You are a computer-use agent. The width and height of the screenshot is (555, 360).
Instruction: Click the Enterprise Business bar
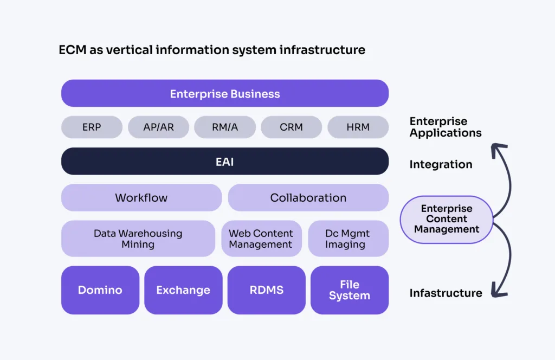click(224, 93)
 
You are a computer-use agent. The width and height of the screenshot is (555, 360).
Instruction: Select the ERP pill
click(92, 127)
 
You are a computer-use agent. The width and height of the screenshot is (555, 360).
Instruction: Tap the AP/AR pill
click(158, 127)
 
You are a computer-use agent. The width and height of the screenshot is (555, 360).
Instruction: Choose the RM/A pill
click(224, 127)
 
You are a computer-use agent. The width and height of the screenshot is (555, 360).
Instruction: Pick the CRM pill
click(291, 127)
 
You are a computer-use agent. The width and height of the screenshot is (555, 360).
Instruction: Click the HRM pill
click(358, 127)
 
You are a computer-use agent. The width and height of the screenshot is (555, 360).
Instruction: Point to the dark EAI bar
click(224, 162)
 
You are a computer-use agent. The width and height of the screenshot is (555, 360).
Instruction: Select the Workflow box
click(141, 197)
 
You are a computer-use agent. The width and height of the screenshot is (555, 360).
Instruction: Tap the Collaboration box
click(308, 197)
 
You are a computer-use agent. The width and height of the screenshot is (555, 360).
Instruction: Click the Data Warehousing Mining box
click(138, 239)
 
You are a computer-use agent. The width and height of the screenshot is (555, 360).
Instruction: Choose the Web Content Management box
click(261, 239)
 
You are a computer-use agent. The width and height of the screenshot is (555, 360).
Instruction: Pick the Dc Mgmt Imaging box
click(348, 239)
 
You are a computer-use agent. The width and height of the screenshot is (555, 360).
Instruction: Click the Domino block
click(100, 290)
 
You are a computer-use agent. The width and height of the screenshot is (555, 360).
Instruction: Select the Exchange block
click(183, 290)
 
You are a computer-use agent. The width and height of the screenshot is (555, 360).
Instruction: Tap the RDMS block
click(266, 290)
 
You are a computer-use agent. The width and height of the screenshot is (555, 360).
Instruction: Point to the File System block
click(349, 290)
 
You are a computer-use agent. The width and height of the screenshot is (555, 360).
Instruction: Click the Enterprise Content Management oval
click(446, 220)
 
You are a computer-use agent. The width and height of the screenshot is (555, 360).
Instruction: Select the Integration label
click(441, 164)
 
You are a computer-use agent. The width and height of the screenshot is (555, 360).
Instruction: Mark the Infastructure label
click(446, 293)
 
